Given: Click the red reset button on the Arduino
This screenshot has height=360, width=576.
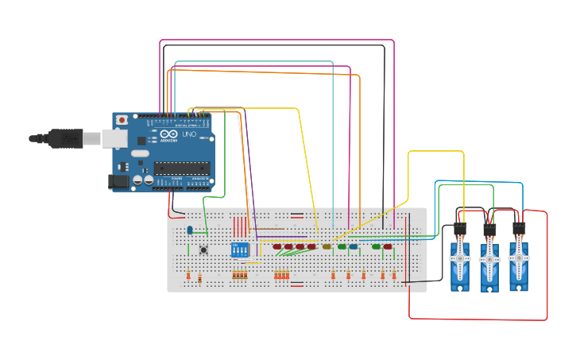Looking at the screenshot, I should click(122, 120).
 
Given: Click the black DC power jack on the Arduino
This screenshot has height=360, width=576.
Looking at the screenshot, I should click(119, 182).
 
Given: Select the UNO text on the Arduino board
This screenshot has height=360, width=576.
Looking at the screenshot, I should click(189, 134).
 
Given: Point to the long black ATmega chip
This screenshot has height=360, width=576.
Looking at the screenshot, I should click(181, 168).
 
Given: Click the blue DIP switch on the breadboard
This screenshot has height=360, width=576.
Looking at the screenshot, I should click(239, 250).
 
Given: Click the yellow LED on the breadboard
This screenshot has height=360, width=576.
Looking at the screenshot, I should click(327, 246).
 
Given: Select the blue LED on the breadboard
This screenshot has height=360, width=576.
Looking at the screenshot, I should click(353, 246).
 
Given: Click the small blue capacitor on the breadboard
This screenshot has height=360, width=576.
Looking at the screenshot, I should click(190, 230).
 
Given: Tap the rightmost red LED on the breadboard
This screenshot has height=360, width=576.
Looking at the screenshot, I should click(388, 246).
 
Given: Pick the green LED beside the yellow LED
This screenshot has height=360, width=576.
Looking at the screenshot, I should click(342, 246).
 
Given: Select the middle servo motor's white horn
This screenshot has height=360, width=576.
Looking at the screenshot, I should click(489, 258).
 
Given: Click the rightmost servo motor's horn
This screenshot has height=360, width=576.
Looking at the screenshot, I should click(519, 258).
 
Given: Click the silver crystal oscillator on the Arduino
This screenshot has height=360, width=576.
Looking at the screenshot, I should click(139, 153).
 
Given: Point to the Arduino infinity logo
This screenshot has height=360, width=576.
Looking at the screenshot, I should click(169, 134).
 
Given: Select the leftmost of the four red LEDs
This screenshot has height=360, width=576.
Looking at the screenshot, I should click(277, 246).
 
